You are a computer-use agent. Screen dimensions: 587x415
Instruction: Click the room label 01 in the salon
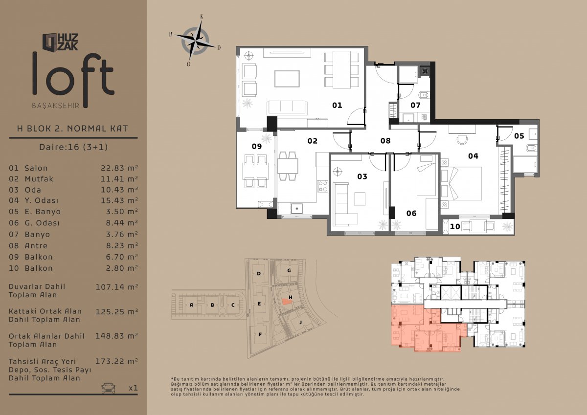337,105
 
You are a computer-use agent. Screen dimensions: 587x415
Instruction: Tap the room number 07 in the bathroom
415,105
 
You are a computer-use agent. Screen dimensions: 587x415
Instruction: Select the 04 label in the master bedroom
473,156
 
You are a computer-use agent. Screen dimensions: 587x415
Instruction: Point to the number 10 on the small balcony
455,226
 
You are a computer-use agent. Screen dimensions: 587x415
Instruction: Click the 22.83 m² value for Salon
119,168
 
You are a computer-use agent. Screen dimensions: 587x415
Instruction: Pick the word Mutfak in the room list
39,179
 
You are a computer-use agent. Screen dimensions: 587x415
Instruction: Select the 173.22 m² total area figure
116,361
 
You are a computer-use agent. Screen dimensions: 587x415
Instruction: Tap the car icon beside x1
109,388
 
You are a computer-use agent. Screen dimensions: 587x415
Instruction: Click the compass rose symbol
195,41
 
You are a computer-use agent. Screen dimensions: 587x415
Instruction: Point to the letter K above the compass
202,17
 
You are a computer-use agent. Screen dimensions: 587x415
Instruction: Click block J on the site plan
300,322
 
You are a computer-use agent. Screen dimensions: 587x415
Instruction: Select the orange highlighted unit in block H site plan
287,302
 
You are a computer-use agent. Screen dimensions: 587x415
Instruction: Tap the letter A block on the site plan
191,305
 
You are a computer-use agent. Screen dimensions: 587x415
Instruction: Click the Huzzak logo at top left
61,42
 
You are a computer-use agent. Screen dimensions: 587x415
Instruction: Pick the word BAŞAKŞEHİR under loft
56,106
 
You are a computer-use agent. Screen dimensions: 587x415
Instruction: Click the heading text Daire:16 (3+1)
73,147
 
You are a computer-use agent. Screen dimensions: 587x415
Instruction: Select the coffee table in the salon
287,79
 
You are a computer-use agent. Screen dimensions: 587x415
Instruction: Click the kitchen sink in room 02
296,209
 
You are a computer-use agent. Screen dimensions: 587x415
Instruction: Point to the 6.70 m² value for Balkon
122,257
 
